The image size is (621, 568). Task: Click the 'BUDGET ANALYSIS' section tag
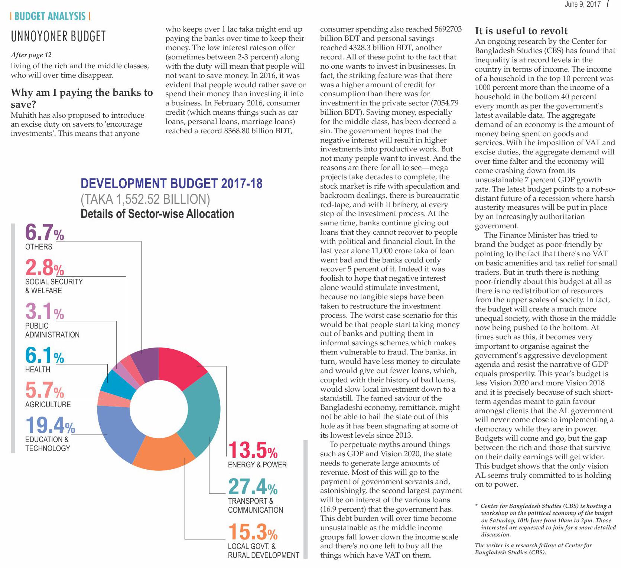[50, 16]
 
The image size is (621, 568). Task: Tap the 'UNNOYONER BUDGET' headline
[58, 36]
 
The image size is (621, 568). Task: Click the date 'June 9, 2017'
[582, 4]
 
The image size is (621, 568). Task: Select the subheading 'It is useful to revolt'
[521, 31]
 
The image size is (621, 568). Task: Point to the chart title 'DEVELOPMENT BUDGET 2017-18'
[172, 184]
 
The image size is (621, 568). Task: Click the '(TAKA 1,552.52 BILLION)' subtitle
[145, 199]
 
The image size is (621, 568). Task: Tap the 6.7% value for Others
[44, 233]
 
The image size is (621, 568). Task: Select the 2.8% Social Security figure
[44, 267]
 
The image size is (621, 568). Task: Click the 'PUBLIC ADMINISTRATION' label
[52, 330]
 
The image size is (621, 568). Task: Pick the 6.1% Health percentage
[44, 355]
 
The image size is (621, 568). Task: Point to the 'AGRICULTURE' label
[48, 405]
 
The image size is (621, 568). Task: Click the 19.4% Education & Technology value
[50, 425]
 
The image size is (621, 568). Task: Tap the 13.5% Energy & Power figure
[253, 451]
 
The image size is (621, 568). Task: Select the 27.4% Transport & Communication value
[253, 486]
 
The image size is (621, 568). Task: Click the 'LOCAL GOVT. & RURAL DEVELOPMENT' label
[263, 551]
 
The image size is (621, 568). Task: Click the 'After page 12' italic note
[31, 55]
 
